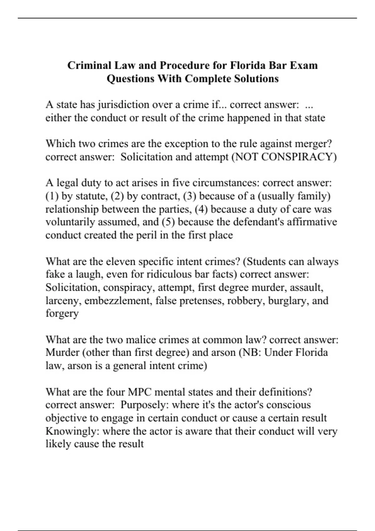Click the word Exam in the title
303,65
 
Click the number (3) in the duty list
189,196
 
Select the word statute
90,196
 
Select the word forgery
62,313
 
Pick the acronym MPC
140,392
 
